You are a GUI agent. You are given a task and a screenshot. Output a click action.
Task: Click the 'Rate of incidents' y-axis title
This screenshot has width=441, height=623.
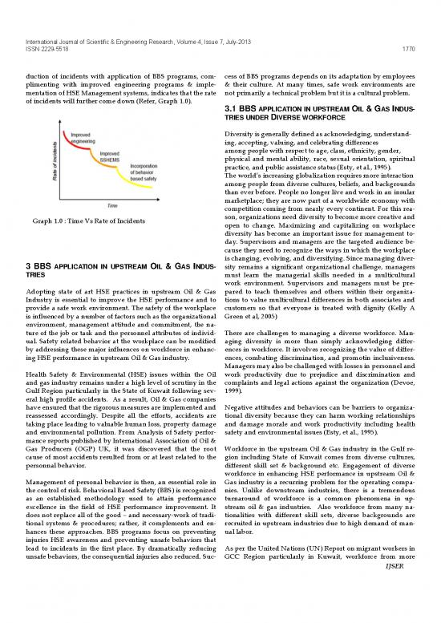click(58, 156)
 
